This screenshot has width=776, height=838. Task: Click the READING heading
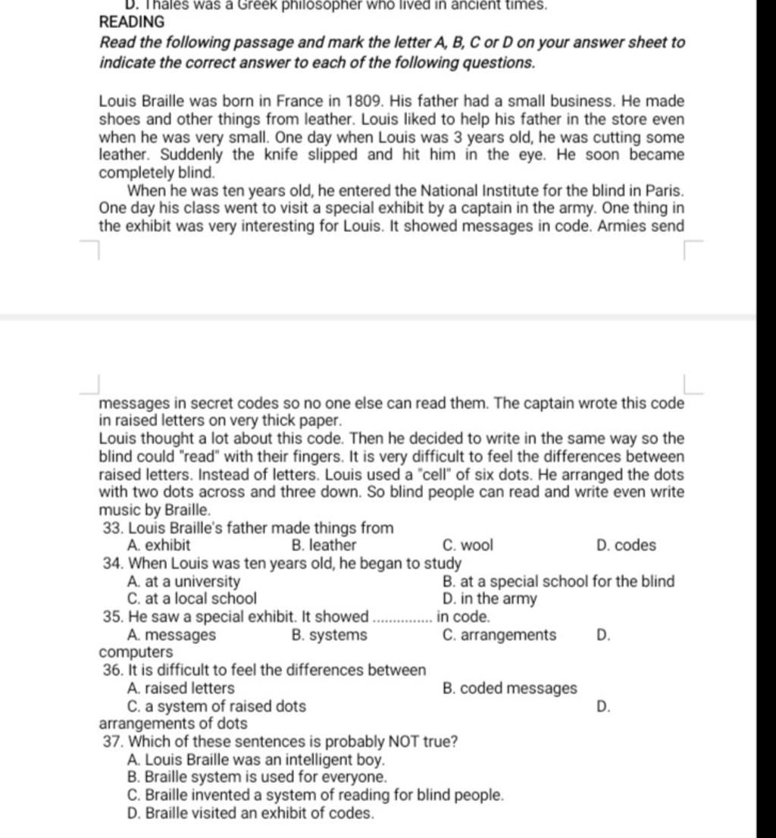click(x=132, y=23)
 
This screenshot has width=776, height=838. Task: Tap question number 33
click(x=113, y=527)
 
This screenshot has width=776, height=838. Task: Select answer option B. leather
click(x=324, y=545)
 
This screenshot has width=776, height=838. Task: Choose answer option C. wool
click(x=467, y=545)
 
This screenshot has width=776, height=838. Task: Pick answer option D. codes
click(x=626, y=545)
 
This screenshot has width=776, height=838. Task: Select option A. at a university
click(x=185, y=581)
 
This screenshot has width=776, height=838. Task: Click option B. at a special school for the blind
click(x=558, y=581)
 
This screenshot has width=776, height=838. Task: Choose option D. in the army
click(x=489, y=599)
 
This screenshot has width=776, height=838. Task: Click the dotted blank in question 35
click(x=403, y=618)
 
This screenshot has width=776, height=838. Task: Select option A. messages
click(x=173, y=635)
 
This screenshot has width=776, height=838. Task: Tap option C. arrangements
click(x=499, y=635)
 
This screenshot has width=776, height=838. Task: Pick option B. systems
click(x=329, y=635)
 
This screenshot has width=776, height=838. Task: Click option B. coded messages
click(x=509, y=688)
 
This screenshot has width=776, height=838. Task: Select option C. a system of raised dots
click(x=217, y=706)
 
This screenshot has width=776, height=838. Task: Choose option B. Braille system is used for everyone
click(x=258, y=777)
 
